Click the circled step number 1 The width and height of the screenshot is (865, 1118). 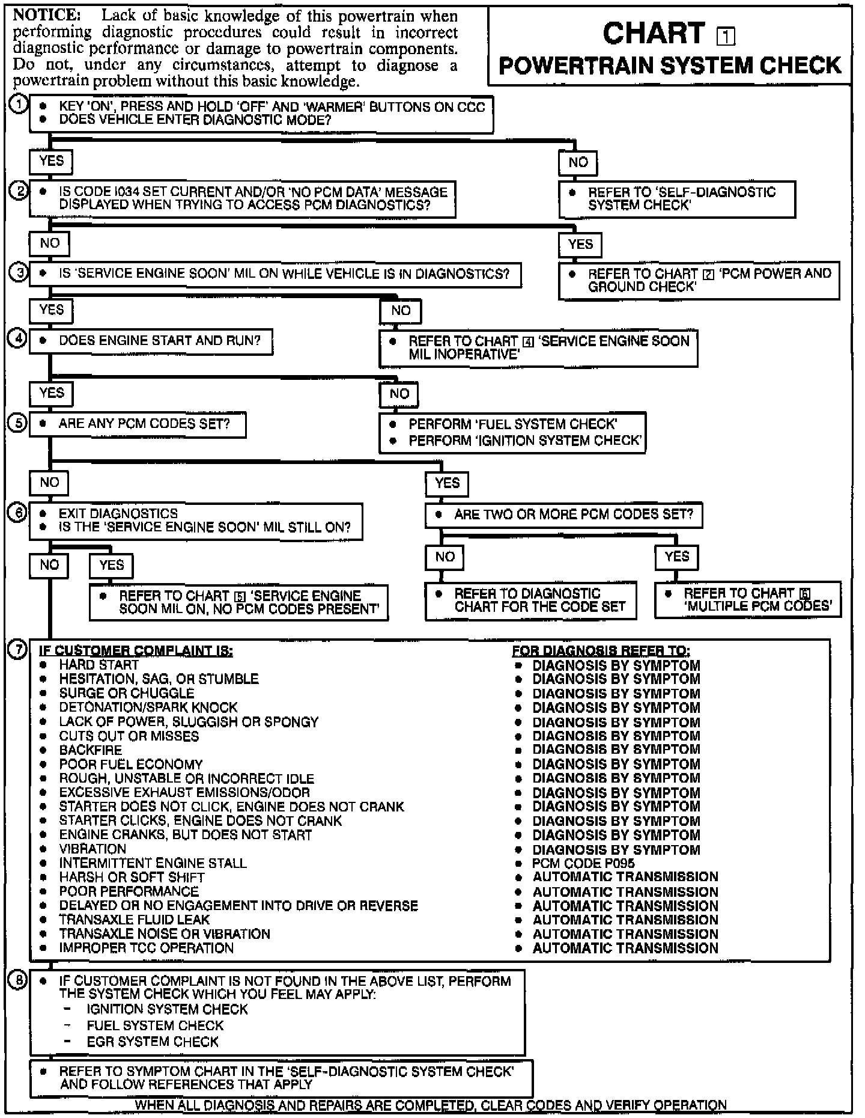point(19,105)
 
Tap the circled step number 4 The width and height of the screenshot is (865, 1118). point(17,339)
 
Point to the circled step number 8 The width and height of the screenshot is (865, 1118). point(19,981)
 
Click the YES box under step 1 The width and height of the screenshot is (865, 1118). point(51,161)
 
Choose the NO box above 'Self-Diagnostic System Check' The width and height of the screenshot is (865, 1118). point(578,162)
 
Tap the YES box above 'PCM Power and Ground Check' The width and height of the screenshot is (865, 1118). point(580,244)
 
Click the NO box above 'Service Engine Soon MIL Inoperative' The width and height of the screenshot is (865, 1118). point(401,311)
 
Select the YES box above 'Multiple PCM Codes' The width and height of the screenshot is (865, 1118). point(677,557)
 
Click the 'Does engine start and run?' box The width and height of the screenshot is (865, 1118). point(151,341)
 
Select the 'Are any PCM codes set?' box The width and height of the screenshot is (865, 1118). point(138,424)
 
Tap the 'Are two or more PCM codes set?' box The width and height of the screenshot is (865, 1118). point(564,515)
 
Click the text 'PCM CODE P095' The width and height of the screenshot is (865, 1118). point(583,863)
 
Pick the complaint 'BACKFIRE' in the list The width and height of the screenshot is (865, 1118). point(90,750)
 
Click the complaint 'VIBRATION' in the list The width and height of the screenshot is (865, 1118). point(93,849)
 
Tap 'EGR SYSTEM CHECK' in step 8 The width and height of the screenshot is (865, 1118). point(153,1042)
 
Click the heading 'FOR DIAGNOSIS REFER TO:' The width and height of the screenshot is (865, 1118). point(601,651)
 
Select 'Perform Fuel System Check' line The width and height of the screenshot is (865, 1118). point(512,424)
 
